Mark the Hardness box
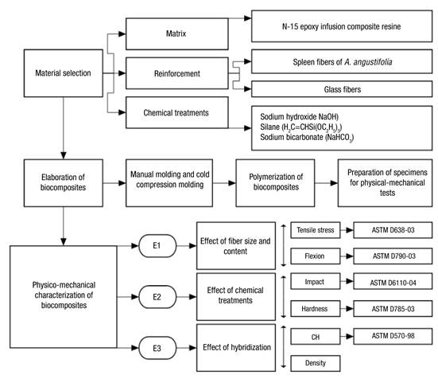tap(316, 307)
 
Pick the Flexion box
tap(316, 256)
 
